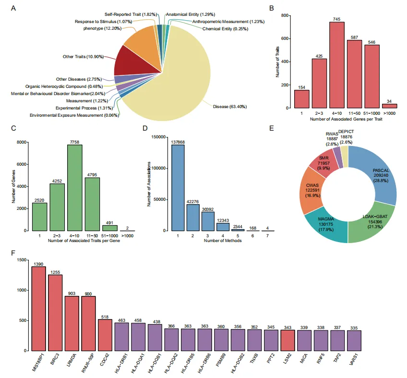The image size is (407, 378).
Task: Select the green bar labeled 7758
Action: (74, 187)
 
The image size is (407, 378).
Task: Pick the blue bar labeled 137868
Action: (178, 187)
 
